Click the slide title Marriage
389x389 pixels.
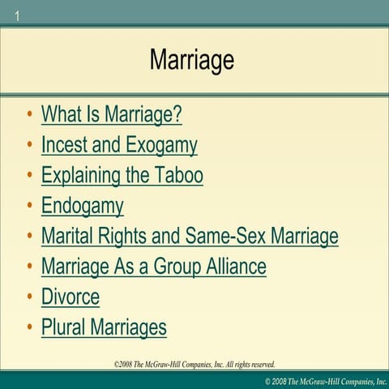pyautogui.click(x=192, y=60)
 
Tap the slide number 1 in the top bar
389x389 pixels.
pyautogui.click(x=16, y=14)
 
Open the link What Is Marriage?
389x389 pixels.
pyautogui.click(x=111, y=114)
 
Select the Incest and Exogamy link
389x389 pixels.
pyautogui.click(x=119, y=145)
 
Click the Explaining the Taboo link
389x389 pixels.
pyautogui.click(x=122, y=175)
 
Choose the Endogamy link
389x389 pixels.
pyautogui.click(x=82, y=206)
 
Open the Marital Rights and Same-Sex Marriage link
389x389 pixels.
pyautogui.click(x=190, y=236)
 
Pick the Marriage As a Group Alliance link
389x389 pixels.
pyautogui.click(x=153, y=266)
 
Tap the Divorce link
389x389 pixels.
pyautogui.click(x=71, y=297)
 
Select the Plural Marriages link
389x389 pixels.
pyautogui.click(x=104, y=327)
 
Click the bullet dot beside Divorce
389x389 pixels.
pyautogui.click(x=29, y=297)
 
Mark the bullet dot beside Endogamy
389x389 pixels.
pyautogui.click(x=29, y=206)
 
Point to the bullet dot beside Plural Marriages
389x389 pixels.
pyautogui.click(x=29, y=327)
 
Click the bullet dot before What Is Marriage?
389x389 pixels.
pyautogui.click(x=29, y=114)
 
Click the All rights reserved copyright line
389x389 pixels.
pyautogui.click(x=194, y=365)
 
